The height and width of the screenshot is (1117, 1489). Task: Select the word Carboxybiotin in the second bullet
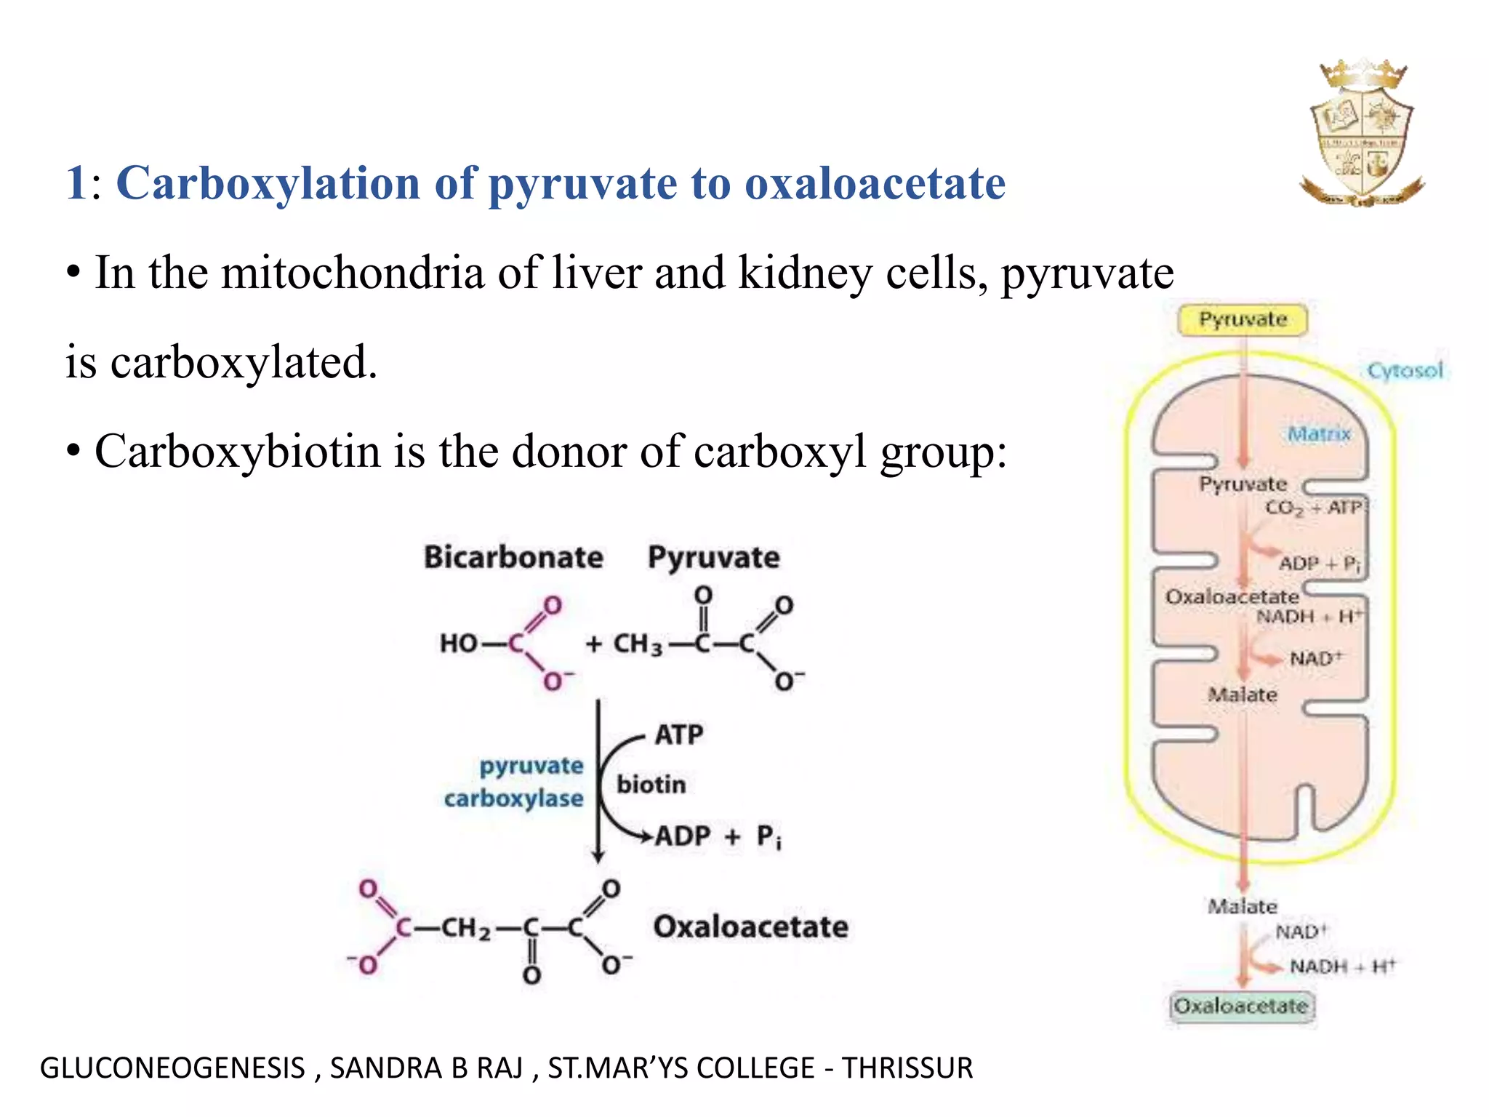point(238,452)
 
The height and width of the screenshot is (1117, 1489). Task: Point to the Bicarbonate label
point(513,558)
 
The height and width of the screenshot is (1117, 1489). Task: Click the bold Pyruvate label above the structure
point(713,558)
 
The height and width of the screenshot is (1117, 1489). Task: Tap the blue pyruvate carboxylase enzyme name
point(514,782)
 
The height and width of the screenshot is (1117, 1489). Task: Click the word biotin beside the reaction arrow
point(651,785)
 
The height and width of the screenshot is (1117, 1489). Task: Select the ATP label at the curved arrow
point(678,734)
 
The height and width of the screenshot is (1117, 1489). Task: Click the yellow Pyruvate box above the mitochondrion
point(1243,320)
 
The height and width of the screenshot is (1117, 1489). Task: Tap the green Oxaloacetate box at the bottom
point(1241,1006)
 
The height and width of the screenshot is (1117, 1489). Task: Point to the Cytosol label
point(1405,371)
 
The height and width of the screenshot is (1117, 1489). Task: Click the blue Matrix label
point(1318,434)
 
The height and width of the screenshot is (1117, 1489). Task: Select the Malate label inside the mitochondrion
point(1242,695)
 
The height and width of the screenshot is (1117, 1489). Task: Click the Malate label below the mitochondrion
point(1242,907)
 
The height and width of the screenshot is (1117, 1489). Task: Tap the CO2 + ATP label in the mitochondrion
point(1312,508)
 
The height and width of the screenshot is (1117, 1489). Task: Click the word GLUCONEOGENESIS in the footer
point(172,1068)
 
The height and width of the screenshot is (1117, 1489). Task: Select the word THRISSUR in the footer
point(907,1068)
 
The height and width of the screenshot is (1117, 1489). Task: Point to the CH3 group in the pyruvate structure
point(638,644)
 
